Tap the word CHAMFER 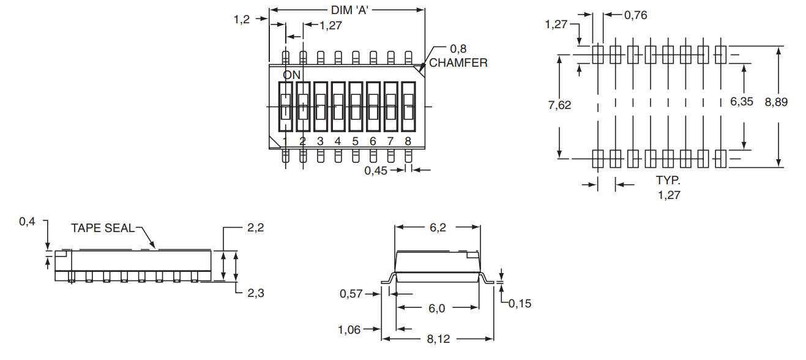pyautogui.click(x=458, y=62)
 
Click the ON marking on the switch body pyautogui.click(x=292, y=75)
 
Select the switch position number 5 pyautogui.click(x=355, y=141)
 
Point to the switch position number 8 pyautogui.click(x=408, y=141)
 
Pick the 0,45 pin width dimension pyautogui.click(x=376, y=171)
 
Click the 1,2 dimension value pyautogui.click(x=242, y=19)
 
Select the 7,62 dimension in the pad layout pyautogui.click(x=559, y=105)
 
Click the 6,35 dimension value pyautogui.click(x=742, y=102)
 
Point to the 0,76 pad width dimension pyautogui.click(x=635, y=15)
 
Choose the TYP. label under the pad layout pyautogui.click(x=668, y=181)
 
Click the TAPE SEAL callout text pyautogui.click(x=102, y=228)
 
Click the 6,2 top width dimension pyautogui.click(x=437, y=227)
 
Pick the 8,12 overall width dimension pyautogui.click(x=437, y=339)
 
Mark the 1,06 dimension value pyautogui.click(x=350, y=330)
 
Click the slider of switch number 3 pyautogui.click(x=320, y=107)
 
